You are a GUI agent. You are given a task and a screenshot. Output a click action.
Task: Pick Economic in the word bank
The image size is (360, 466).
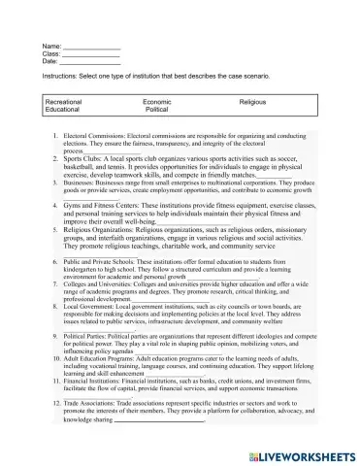(x=157, y=102)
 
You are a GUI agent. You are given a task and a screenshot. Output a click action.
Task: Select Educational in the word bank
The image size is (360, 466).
(x=63, y=111)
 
